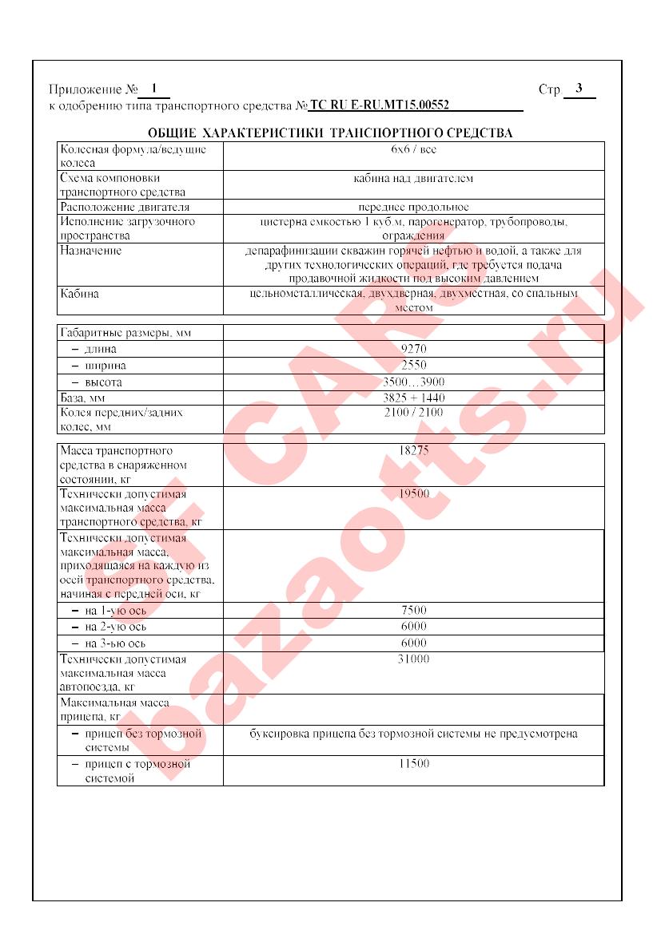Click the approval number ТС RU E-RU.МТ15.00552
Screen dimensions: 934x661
tap(379, 105)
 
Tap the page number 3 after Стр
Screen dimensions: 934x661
tap(579, 89)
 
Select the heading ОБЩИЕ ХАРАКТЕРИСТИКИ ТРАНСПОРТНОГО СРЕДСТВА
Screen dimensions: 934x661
tap(330, 133)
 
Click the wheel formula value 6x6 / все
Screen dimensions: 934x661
tap(413, 149)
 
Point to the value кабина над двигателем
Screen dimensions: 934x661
tap(413, 179)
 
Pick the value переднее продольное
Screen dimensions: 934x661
tap(413, 207)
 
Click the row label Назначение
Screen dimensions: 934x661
tap(91, 251)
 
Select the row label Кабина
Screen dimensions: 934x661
tap(80, 294)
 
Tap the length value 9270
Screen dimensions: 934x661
tap(413, 349)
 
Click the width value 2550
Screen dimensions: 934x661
tap(413, 366)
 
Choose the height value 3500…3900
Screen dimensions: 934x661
tap(413, 382)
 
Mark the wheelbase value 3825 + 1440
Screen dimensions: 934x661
tap(413, 398)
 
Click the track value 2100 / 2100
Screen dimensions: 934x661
tap(413, 413)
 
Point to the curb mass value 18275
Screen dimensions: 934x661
tap(413, 451)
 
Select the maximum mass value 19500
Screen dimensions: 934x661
tap(413, 494)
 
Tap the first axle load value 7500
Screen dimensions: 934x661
tap(413, 610)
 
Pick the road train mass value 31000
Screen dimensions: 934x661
tap(413, 659)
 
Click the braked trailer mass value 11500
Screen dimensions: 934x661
tap(413, 764)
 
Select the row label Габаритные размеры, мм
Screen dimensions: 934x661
tap(127, 332)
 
